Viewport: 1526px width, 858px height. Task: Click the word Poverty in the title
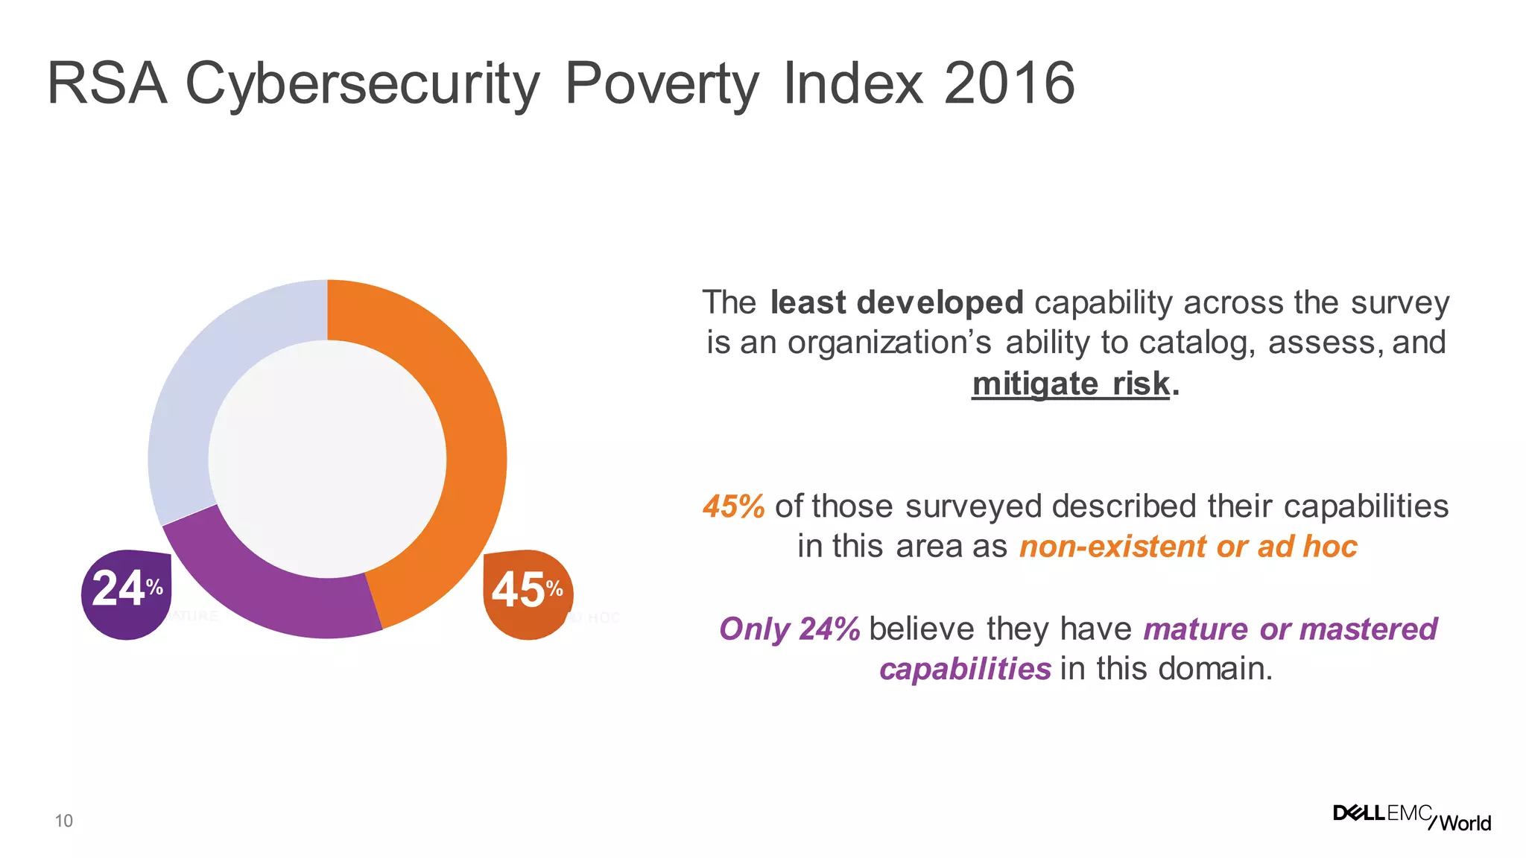click(662, 83)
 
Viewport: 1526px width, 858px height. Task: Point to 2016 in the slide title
click(1009, 83)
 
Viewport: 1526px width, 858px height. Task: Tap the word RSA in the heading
click(107, 83)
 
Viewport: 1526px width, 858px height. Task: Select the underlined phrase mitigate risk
click(1071, 384)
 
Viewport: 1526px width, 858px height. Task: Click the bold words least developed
click(896, 302)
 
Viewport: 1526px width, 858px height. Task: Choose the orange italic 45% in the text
click(733, 506)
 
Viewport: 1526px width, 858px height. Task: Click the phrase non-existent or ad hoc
click(1188, 547)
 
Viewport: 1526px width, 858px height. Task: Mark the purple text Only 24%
click(789, 629)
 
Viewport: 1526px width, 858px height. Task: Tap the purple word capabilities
click(965, 669)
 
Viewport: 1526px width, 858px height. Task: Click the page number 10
click(64, 821)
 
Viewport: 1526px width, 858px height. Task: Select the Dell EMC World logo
click(1412, 817)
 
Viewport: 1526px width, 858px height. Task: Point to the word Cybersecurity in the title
click(362, 83)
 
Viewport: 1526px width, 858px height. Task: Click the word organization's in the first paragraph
click(890, 343)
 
